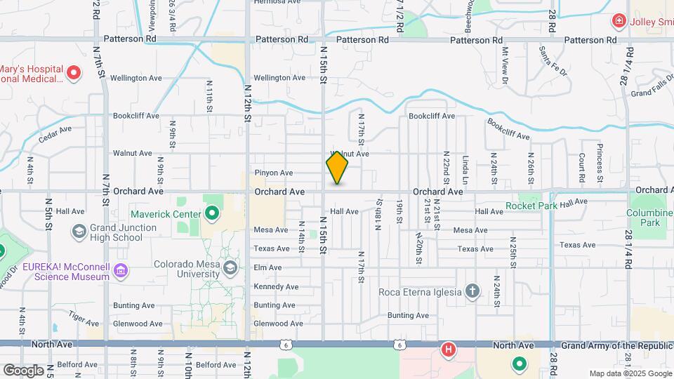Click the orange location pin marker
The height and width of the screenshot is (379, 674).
click(x=337, y=168)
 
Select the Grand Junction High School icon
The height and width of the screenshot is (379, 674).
click(x=79, y=231)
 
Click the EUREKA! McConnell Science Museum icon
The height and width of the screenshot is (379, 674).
click(x=121, y=270)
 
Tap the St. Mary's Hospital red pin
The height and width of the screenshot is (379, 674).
click(x=74, y=72)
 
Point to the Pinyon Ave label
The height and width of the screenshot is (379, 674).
click(x=273, y=173)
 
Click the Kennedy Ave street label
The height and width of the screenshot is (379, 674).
click(x=276, y=286)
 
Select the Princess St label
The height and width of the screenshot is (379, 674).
click(x=600, y=158)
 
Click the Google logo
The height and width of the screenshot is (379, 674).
click(x=23, y=370)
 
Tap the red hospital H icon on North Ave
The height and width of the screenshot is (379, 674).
click(x=447, y=349)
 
